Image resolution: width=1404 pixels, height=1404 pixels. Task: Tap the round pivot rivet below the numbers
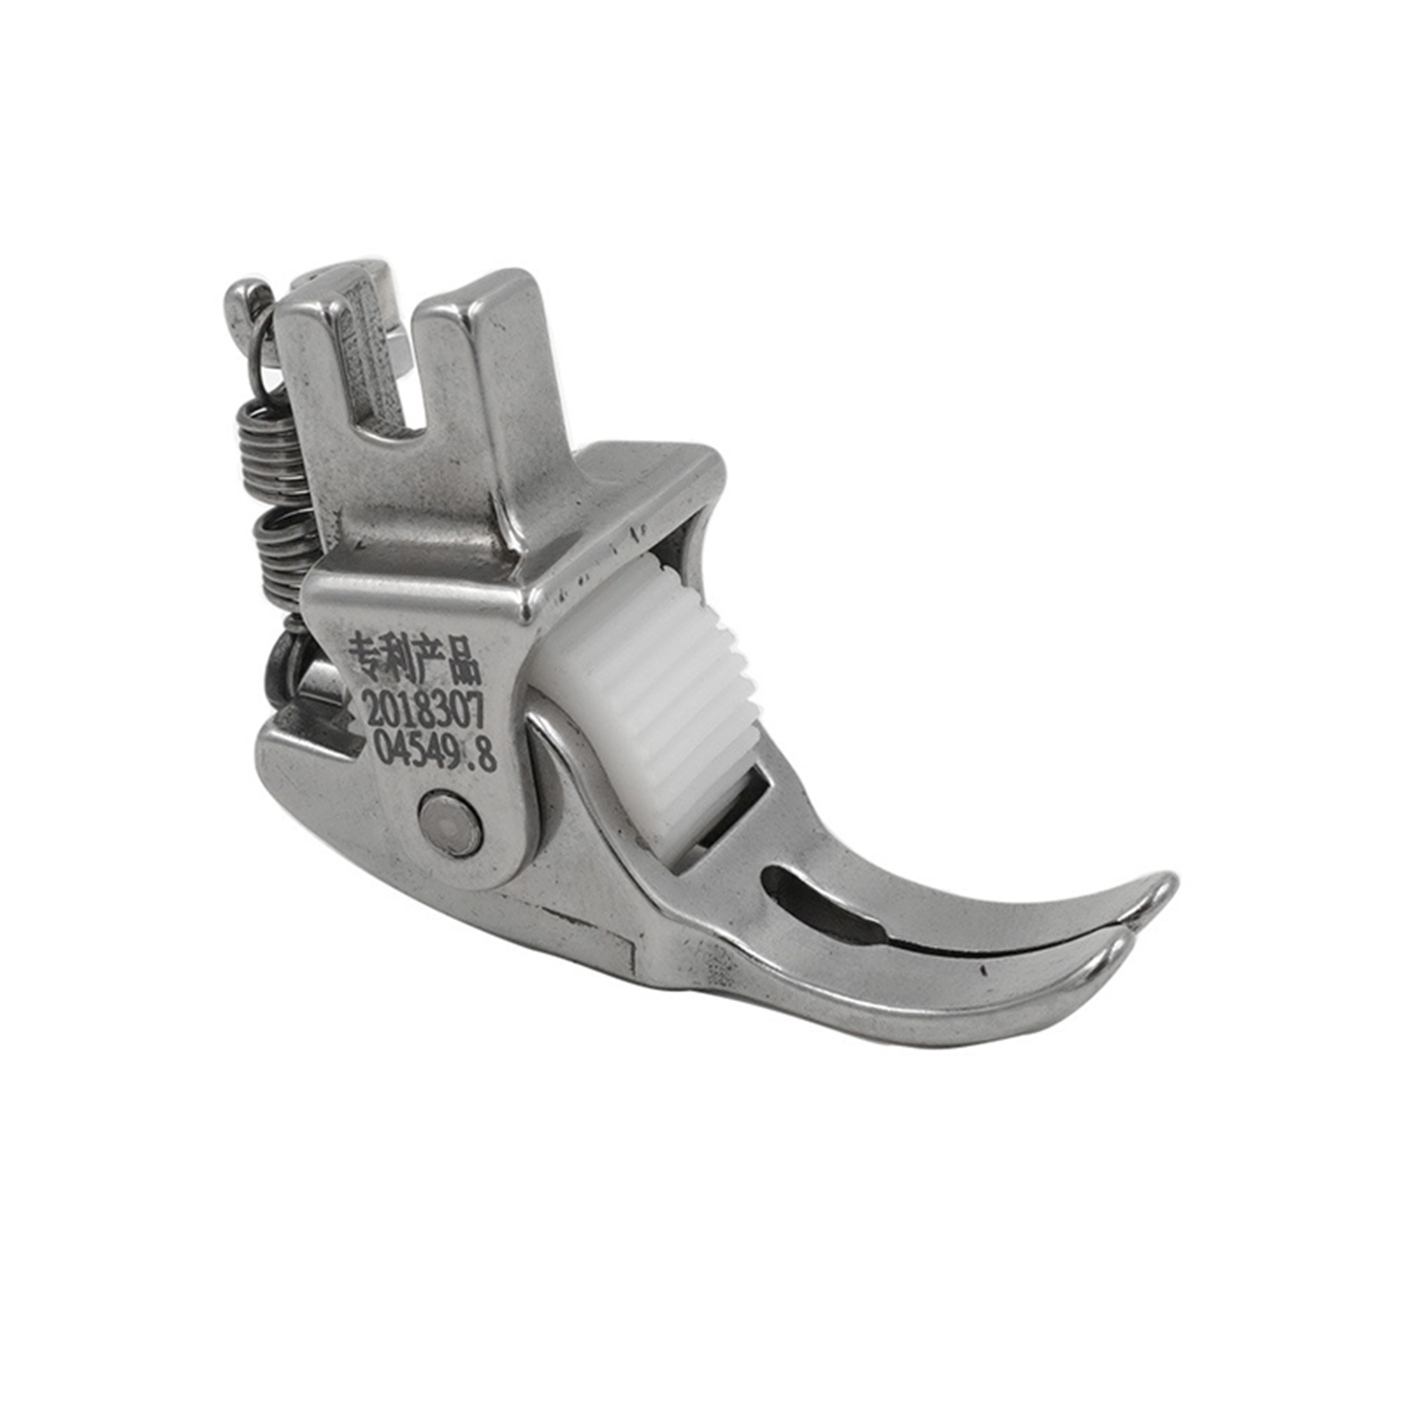coord(450,822)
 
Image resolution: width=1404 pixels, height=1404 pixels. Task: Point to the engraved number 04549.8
coord(435,751)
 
